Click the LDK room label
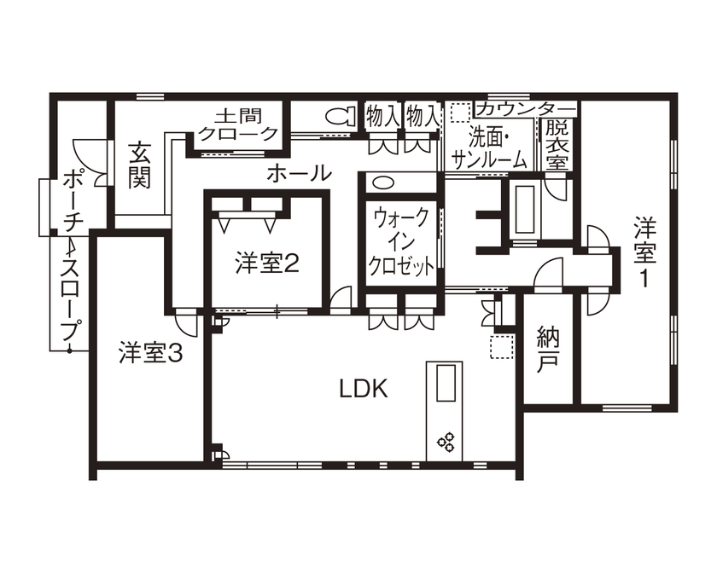[364, 389]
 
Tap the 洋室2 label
[266, 264]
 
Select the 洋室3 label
[151, 352]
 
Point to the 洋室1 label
[645, 252]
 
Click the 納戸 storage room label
[547, 350]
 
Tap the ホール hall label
[299, 174]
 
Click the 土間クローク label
[237, 124]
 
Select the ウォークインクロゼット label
[401, 241]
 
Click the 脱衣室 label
[557, 143]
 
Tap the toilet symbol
[340, 117]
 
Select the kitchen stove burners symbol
[446, 441]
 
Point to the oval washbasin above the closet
[382, 182]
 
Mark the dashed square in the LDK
[499, 346]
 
